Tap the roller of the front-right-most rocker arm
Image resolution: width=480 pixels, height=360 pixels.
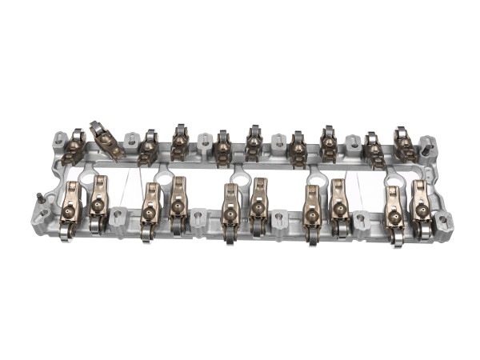coord(426,232)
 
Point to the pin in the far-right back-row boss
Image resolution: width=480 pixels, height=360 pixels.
coord(429,149)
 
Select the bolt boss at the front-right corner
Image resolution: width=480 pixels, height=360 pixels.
coord(442,223)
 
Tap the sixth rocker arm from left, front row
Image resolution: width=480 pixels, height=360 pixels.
coord(259,206)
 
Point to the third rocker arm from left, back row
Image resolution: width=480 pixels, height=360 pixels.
coord(148,146)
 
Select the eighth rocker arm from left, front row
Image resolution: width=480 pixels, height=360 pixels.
coord(339,206)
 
